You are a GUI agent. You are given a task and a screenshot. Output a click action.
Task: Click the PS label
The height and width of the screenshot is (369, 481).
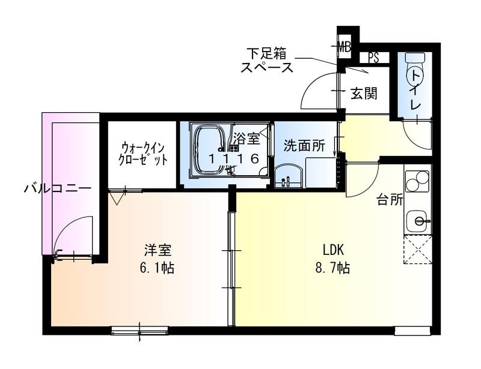point(373,58)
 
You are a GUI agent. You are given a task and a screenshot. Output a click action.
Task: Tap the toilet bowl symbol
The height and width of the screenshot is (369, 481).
point(415,73)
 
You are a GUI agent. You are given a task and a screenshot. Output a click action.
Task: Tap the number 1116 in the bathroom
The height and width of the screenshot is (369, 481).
point(234,158)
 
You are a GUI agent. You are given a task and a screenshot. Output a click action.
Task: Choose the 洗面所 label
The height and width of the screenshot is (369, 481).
point(304,145)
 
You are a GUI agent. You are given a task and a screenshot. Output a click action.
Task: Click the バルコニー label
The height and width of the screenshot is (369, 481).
point(58,188)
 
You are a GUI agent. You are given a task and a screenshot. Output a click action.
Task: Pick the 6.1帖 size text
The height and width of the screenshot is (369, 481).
point(156,268)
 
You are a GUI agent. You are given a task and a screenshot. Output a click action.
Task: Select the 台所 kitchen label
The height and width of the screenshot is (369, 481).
point(390,200)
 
